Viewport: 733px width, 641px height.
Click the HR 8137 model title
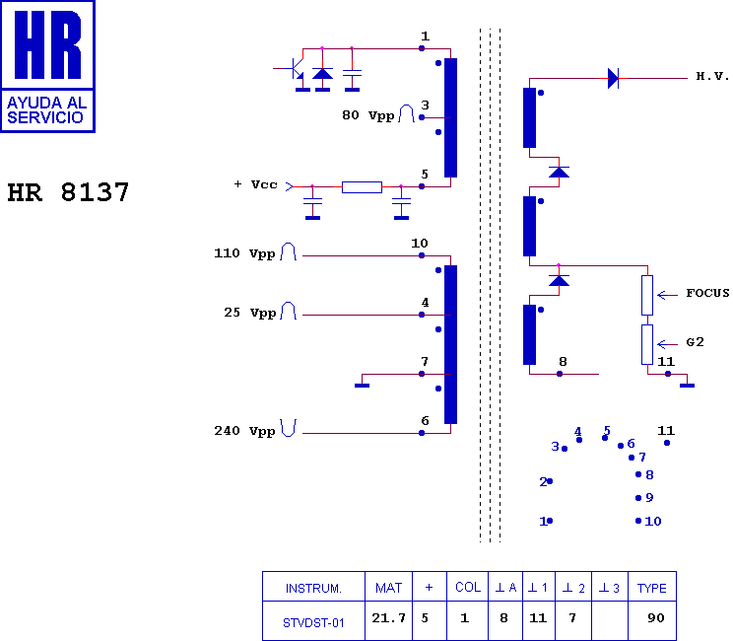(68, 192)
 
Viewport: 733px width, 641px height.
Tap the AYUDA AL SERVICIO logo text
(46, 109)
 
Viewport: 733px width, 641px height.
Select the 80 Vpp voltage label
(367, 115)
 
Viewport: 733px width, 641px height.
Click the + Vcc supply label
(256, 184)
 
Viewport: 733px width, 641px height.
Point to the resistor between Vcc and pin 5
(362, 187)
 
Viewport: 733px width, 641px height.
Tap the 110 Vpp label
(244, 253)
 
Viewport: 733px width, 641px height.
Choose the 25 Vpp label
(249, 313)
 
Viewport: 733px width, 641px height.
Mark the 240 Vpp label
(244, 431)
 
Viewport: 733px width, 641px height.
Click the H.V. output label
(712, 76)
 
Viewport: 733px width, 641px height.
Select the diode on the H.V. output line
(613, 78)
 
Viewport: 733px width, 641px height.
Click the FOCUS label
(707, 293)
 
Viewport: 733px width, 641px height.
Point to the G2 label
(695, 342)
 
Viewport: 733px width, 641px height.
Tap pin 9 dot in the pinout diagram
(638, 498)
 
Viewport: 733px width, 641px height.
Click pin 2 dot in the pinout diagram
(550, 481)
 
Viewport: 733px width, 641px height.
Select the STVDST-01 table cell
(313, 622)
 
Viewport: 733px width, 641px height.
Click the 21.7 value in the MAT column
(388, 618)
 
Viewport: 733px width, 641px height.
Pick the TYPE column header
(651, 588)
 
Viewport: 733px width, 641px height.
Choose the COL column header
(468, 587)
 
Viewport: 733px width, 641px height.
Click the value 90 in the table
(656, 618)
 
